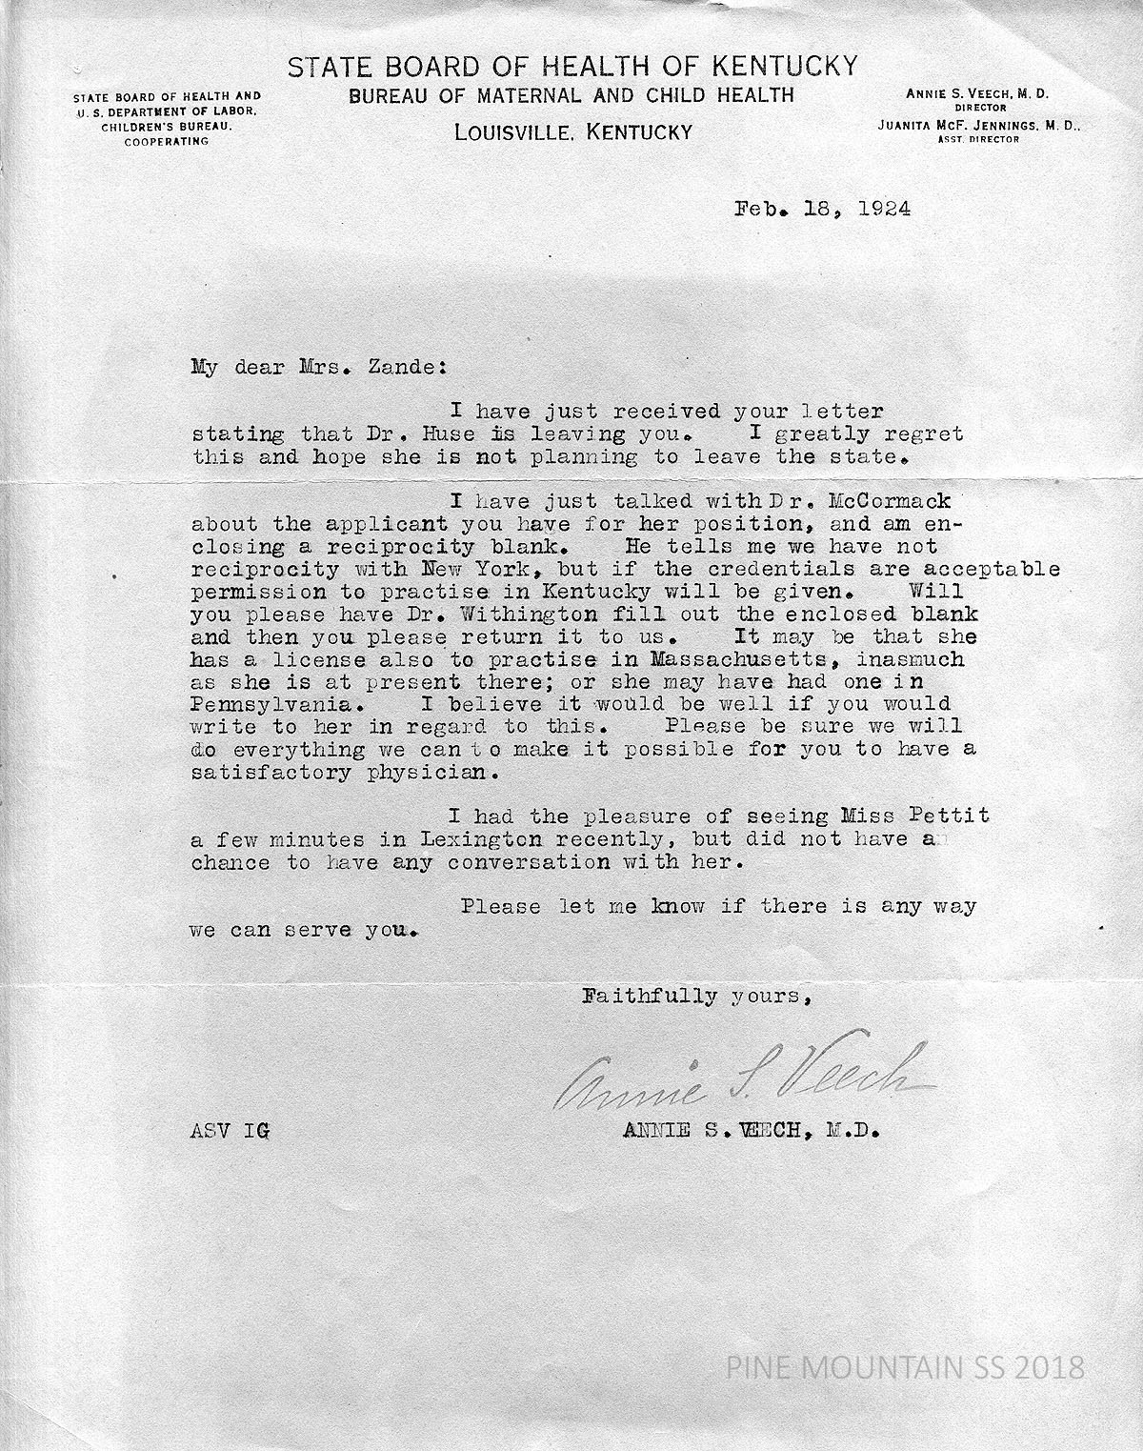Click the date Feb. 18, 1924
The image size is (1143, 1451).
pyautogui.click(x=822, y=209)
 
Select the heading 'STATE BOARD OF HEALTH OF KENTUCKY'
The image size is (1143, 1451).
pyautogui.click(x=572, y=67)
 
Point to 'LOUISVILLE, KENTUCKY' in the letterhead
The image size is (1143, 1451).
pyautogui.click(x=572, y=132)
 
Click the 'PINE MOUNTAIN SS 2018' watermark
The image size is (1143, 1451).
pyautogui.click(x=906, y=1368)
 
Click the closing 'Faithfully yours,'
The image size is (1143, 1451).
pyautogui.click(x=696, y=997)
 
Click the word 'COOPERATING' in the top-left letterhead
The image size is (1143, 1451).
pyautogui.click(x=168, y=140)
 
